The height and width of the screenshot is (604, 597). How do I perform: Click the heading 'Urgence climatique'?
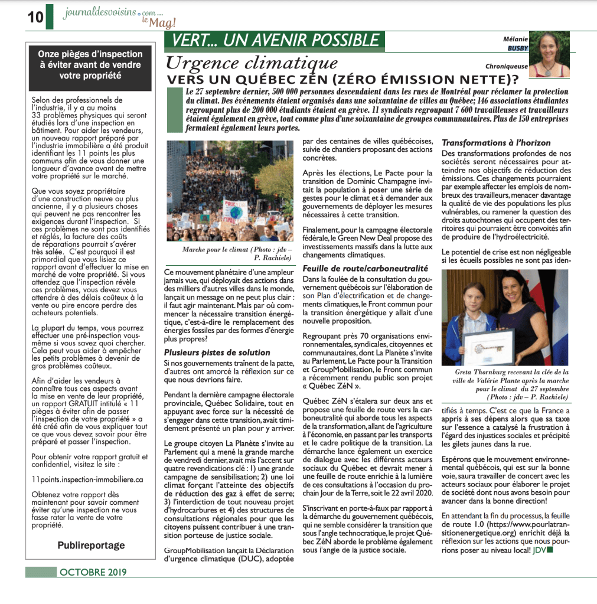(x=252, y=63)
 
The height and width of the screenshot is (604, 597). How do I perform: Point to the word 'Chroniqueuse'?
(x=507, y=66)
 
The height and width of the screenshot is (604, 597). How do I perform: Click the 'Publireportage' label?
(x=91, y=545)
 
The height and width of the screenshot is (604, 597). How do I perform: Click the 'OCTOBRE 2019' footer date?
(x=93, y=572)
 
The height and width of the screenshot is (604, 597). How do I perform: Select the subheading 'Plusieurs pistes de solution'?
(x=217, y=352)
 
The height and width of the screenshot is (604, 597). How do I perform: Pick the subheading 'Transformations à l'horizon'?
(x=496, y=143)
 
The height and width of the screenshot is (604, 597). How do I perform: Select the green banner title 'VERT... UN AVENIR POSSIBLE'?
(x=276, y=41)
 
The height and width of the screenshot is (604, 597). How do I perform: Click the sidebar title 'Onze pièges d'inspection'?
(x=90, y=54)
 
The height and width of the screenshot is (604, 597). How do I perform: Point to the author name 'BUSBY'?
(x=518, y=48)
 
